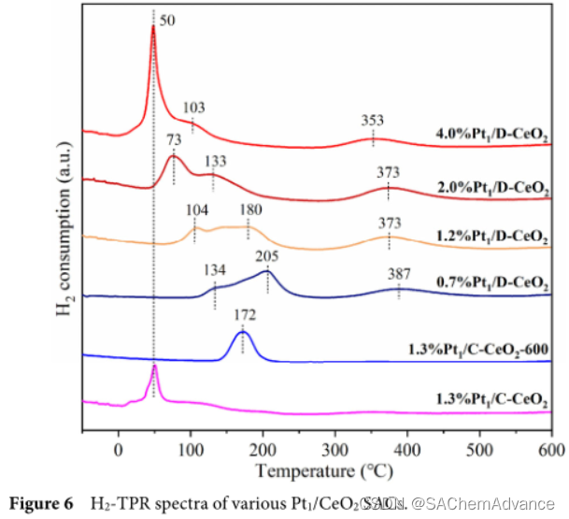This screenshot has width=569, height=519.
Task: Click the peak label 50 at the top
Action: [x=167, y=20]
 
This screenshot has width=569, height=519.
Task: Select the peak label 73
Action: [x=174, y=139]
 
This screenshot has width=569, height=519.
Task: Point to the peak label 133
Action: [x=213, y=159]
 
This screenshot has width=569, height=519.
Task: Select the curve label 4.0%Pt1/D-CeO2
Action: [x=491, y=135]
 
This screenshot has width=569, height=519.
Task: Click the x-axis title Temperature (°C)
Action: [x=316, y=469]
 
